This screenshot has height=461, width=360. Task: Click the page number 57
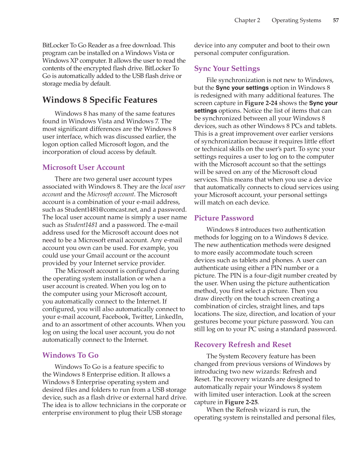[x=336, y=20]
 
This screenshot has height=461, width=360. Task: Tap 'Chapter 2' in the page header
[x=247, y=20]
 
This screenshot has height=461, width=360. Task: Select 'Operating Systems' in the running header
[x=296, y=20]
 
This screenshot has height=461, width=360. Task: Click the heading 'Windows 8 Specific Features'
[x=100, y=100]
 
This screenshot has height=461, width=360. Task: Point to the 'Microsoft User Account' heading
[x=83, y=167]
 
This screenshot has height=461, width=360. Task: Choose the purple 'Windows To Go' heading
[x=70, y=355]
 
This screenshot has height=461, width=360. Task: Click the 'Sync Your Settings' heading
[x=227, y=69]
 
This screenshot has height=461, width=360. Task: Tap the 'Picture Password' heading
[x=224, y=218]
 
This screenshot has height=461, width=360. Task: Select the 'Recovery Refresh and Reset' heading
[x=243, y=344]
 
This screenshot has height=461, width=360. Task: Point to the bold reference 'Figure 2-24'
[x=261, y=103]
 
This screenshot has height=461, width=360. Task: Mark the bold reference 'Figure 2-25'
[x=241, y=402]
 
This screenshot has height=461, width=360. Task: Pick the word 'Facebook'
[x=116, y=317]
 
